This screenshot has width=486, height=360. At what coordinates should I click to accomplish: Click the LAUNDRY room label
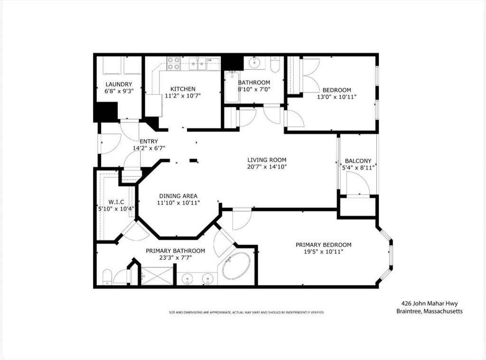pyautogui.click(x=119, y=85)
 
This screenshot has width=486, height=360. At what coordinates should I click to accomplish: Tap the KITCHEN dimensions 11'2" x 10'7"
pyautogui.click(x=183, y=96)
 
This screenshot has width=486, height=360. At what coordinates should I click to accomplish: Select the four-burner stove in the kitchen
pyautogui.click(x=174, y=63)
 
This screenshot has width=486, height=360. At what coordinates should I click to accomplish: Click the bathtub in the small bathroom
pyautogui.click(x=232, y=87)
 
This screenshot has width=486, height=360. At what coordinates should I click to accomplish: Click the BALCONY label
pyautogui.click(x=358, y=161)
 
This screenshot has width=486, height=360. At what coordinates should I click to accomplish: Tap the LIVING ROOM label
pyautogui.click(x=267, y=160)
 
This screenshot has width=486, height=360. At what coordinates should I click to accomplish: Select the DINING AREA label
pyautogui.click(x=178, y=196)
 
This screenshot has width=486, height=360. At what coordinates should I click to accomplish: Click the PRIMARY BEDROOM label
pyautogui.click(x=324, y=245)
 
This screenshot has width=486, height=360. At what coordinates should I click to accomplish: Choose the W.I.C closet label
pyautogui.click(x=116, y=202)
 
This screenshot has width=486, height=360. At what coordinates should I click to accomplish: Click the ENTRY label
pyautogui.click(x=149, y=142)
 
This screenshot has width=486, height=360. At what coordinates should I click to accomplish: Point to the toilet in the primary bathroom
pyautogui.click(x=107, y=277)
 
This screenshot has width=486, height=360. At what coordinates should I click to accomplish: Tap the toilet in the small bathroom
pyautogui.click(x=275, y=64)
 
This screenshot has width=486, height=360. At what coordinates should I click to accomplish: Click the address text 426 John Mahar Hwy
pyautogui.click(x=430, y=303)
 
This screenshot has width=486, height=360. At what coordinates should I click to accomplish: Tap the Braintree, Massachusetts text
pyautogui.click(x=430, y=311)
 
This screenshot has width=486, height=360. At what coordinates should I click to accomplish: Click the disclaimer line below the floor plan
pyautogui.click(x=246, y=312)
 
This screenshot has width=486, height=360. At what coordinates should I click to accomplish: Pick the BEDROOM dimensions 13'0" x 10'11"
pyautogui.click(x=336, y=97)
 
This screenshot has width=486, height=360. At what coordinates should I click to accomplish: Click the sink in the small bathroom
pyautogui.click(x=255, y=63)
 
